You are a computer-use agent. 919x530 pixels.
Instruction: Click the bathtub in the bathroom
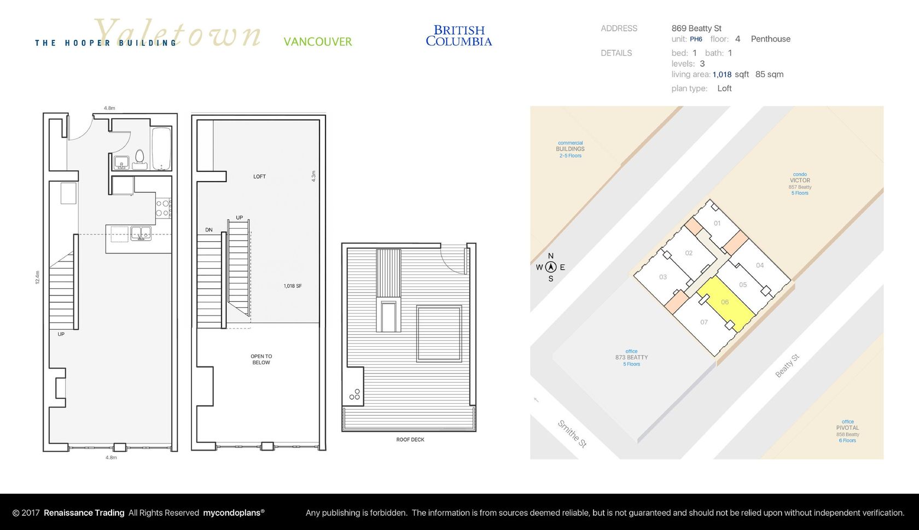coord(161,149)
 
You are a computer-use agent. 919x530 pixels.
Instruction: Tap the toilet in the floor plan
coord(139,160)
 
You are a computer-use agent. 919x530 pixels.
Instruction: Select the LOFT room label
coord(259,176)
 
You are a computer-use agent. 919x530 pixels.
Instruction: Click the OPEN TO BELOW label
coord(261,359)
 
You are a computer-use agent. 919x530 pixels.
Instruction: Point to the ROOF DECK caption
coord(410,439)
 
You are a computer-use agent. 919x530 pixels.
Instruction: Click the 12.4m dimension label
coord(37,277)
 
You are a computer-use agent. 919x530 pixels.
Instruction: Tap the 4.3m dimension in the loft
coord(313,176)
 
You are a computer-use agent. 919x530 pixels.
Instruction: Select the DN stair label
coord(209,230)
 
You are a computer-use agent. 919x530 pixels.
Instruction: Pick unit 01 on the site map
coord(717,223)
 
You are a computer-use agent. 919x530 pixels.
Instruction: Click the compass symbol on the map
coord(550,267)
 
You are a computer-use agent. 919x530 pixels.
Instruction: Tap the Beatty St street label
coord(787,365)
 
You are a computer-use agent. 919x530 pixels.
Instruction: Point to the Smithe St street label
coord(572,434)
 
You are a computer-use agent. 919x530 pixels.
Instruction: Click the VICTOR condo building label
coord(800,180)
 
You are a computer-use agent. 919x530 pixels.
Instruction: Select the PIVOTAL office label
coord(848,428)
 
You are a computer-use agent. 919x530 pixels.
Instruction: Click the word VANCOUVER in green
coord(317,42)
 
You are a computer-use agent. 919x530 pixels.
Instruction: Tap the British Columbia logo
coord(458,36)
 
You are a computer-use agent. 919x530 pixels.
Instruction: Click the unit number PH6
coord(696,39)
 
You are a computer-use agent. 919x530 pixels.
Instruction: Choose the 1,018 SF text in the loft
coord(293,286)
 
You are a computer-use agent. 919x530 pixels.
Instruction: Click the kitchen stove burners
coord(163,208)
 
